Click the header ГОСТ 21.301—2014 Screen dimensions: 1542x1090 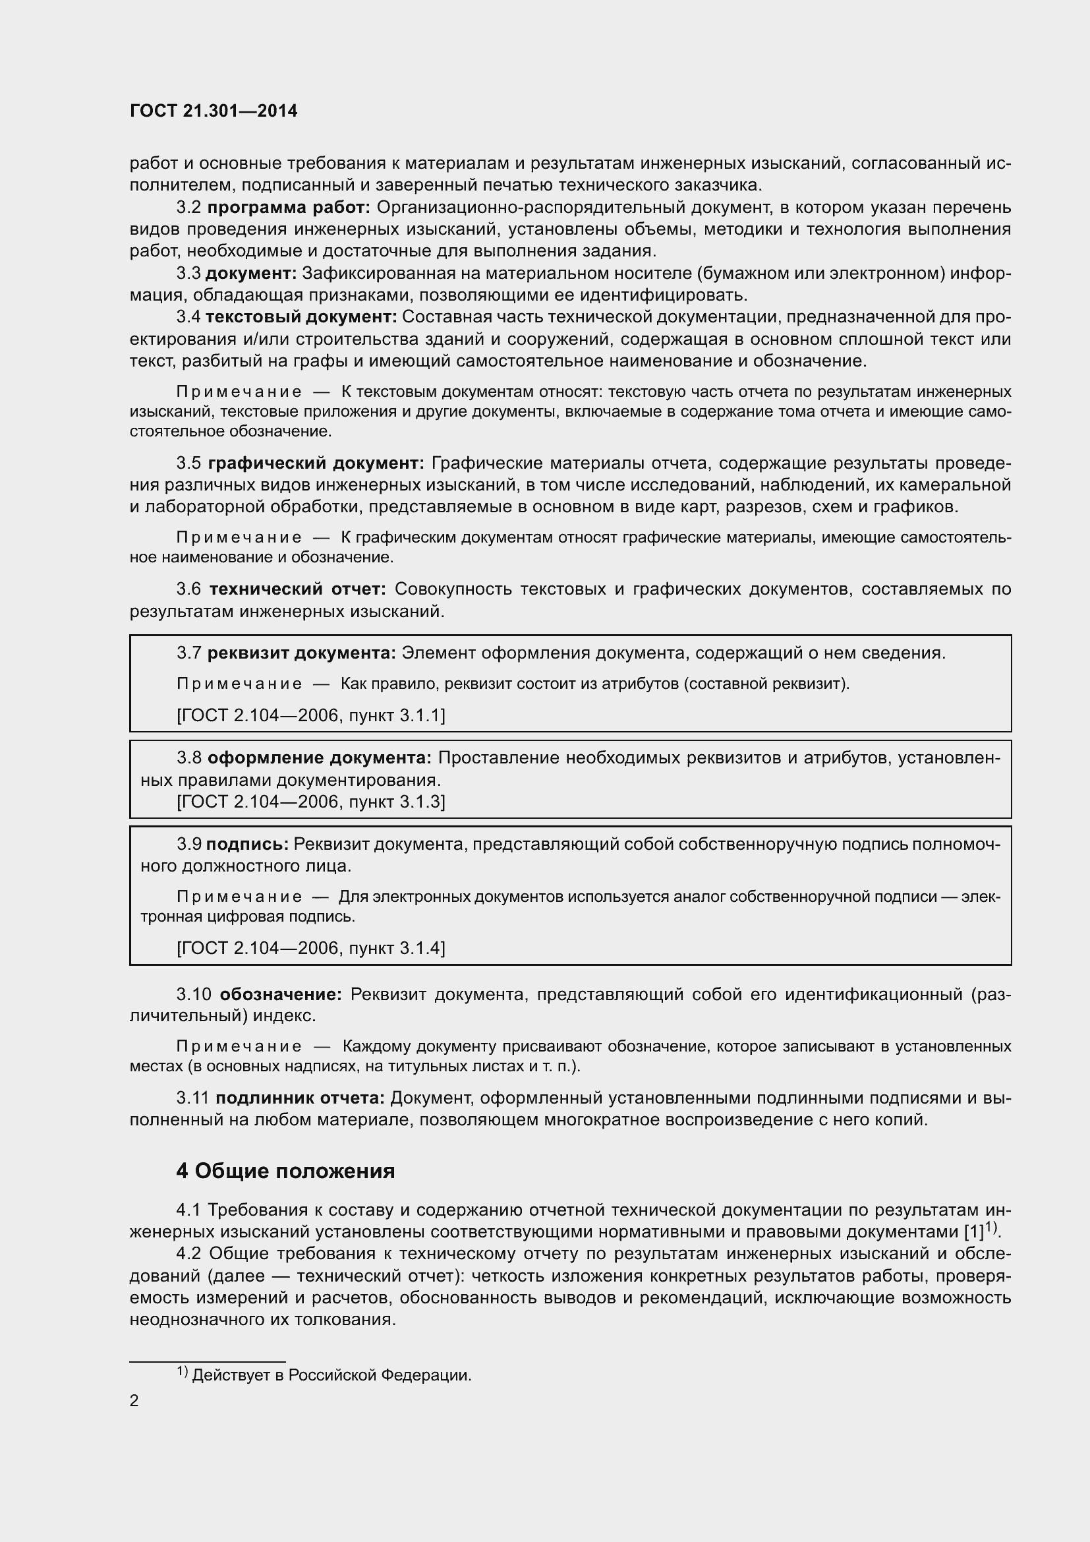214,111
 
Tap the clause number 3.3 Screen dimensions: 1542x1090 188,274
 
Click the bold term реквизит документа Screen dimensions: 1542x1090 301,653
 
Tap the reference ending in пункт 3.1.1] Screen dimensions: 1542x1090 311,715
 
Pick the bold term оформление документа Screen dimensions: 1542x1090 320,757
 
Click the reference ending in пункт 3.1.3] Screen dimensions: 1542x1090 311,802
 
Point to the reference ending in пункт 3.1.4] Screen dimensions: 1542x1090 311,947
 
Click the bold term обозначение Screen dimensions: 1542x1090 281,994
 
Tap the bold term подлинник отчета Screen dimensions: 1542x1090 300,1098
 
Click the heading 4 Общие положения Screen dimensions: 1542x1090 285,1171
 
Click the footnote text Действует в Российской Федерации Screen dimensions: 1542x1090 331,1375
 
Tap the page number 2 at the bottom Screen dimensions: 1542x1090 134,1401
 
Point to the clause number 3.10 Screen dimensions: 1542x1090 194,994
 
